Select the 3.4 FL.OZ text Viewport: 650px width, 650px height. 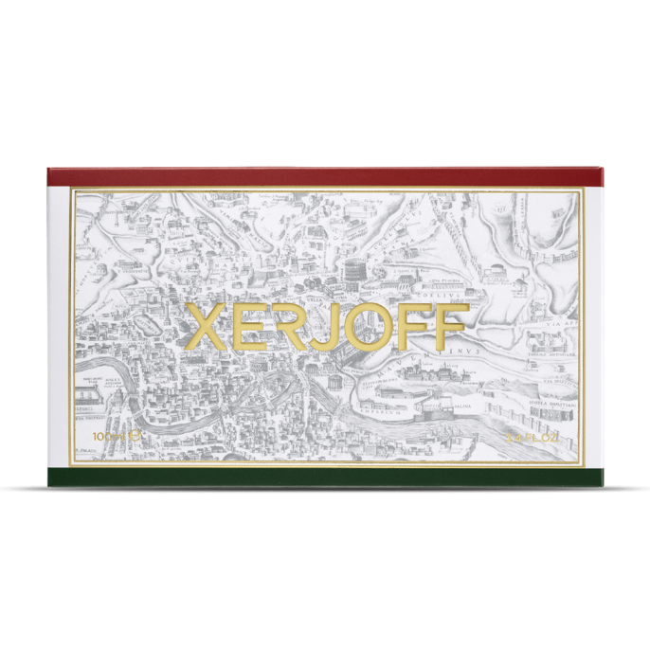coord(537,438)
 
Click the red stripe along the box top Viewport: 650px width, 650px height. coord(325,177)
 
